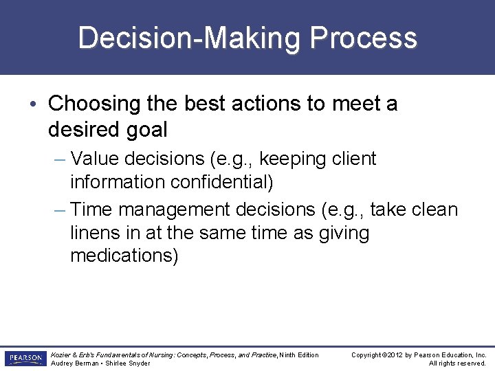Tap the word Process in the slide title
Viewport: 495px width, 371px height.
click(363, 38)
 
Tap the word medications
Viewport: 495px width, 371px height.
click(122, 256)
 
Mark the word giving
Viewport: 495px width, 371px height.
click(344, 233)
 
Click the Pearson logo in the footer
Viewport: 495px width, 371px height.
click(25, 359)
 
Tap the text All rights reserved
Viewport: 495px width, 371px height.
click(457, 363)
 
